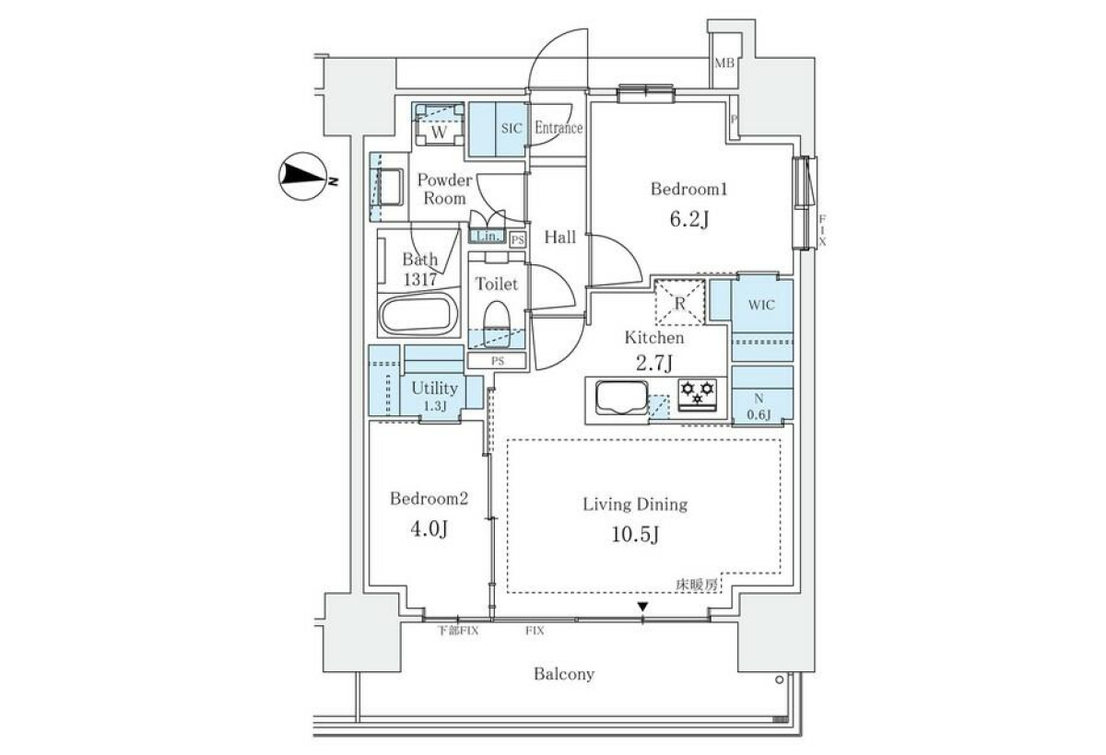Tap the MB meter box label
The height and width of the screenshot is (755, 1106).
click(724, 64)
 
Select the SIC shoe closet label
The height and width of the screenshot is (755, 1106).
click(511, 128)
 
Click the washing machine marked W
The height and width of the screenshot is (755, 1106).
click(439, 125)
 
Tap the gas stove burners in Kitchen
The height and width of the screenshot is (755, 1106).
click(697, 394)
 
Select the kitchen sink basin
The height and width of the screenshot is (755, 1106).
click(621, 398)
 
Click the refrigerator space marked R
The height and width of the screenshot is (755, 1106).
click(680, 302)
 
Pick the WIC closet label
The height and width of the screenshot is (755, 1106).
click(761, 305)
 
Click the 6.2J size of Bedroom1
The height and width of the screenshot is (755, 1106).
click(689, 219)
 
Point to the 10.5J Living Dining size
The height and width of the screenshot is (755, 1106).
click(635, 534)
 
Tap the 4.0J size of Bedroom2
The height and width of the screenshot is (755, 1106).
click(429, 529)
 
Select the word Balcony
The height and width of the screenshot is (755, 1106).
click(564, 674)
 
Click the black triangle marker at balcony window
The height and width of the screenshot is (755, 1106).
click(642, 606)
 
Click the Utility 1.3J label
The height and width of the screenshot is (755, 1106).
click(434, 396)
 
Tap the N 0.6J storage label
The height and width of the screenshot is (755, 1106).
click(759, 406)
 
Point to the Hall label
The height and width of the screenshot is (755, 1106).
click(560, 238)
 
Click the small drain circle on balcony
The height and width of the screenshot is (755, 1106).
click(779, 680)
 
